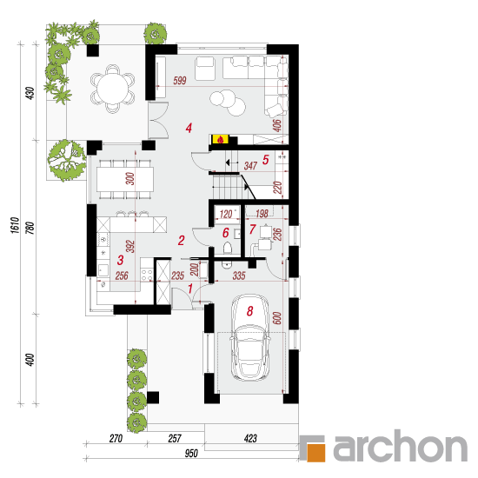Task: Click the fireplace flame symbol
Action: point(221,140)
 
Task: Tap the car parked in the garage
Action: point(250,337)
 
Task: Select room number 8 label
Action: point(250,311)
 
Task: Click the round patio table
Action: point(113,90)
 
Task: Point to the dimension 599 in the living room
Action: point(180,81)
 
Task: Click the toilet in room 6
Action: point(228,248)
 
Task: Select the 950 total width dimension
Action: point(191,454)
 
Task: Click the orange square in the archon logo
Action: point(315,453)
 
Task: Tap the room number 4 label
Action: point(189,128)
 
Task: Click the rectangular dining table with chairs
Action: point(125,179)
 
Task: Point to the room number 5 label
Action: point(266,160)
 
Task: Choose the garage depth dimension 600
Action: point(277,318)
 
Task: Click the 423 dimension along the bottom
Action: point(250,438)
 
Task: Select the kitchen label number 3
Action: point(121,261)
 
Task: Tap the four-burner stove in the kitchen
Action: point(147,274)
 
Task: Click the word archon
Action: point(401,447)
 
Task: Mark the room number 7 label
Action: point(252,229)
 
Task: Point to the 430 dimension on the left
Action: point(30,93)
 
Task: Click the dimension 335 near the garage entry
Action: point(239,276)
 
